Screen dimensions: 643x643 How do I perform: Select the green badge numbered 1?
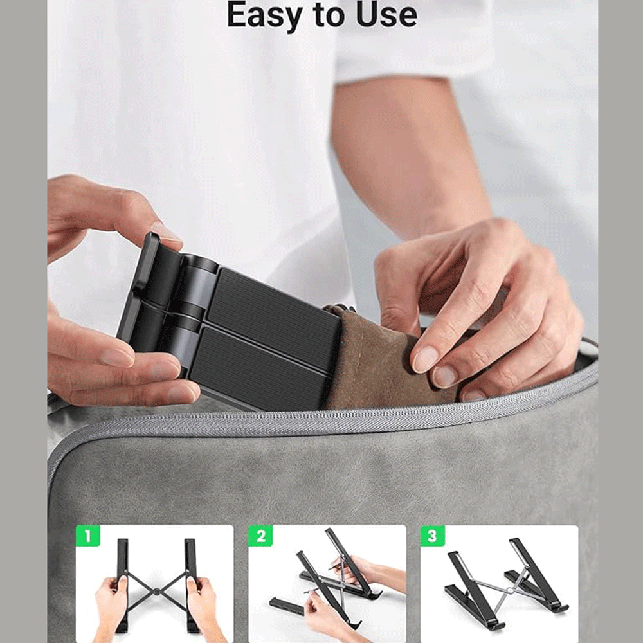click(87, 536)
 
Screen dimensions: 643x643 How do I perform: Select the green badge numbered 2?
click(260, 536)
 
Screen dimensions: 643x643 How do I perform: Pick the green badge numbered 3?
click(433, 536)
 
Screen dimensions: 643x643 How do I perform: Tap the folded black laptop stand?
click(230, 324)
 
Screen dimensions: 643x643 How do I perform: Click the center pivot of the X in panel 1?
click(156, 591)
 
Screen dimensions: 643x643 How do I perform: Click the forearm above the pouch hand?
click(410, 160)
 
